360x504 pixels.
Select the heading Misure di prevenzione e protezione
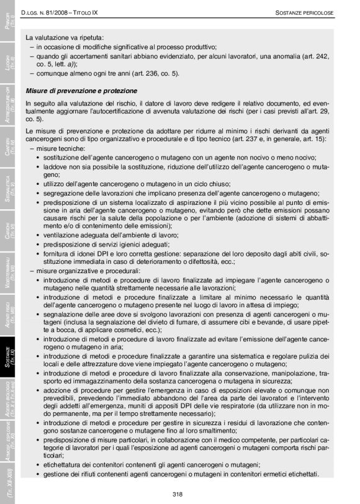[77, 91]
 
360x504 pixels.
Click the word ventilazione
[62, 235]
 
